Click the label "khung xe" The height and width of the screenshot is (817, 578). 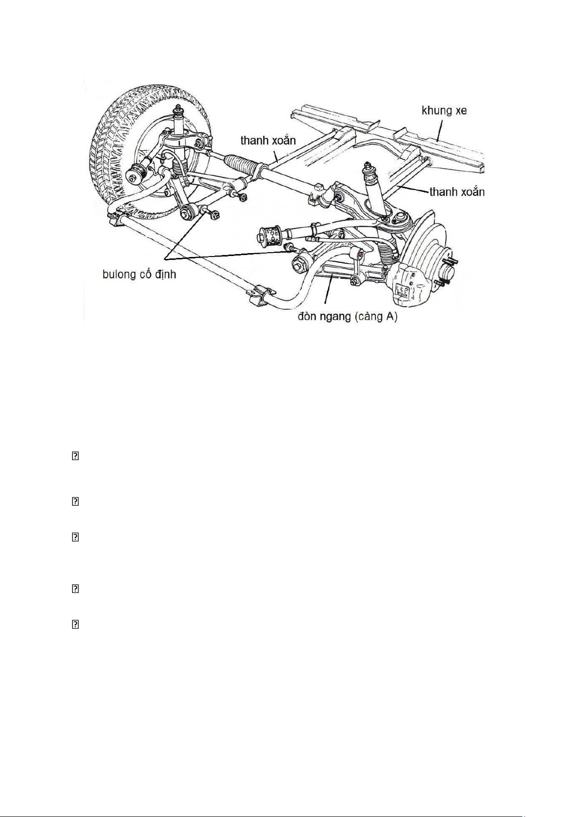pyautogui.click(x=444, y=111)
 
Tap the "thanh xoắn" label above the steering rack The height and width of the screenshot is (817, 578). pyautogui.click(x=268, y=141)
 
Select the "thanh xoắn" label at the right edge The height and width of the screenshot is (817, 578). pyautogui.click(x=457, y=192)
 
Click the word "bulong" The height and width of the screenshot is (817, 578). pyautogui.click(x=119, y=274)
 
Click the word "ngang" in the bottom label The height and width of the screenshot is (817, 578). pyautogui.click(x=336, y=317)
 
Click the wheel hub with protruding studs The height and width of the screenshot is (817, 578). pyautogui.click(x=447, y=272)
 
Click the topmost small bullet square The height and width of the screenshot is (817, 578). pyautogui.click(x=75, y=456)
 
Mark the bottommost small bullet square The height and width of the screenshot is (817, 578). pyautogui.click(x=75, y=625)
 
